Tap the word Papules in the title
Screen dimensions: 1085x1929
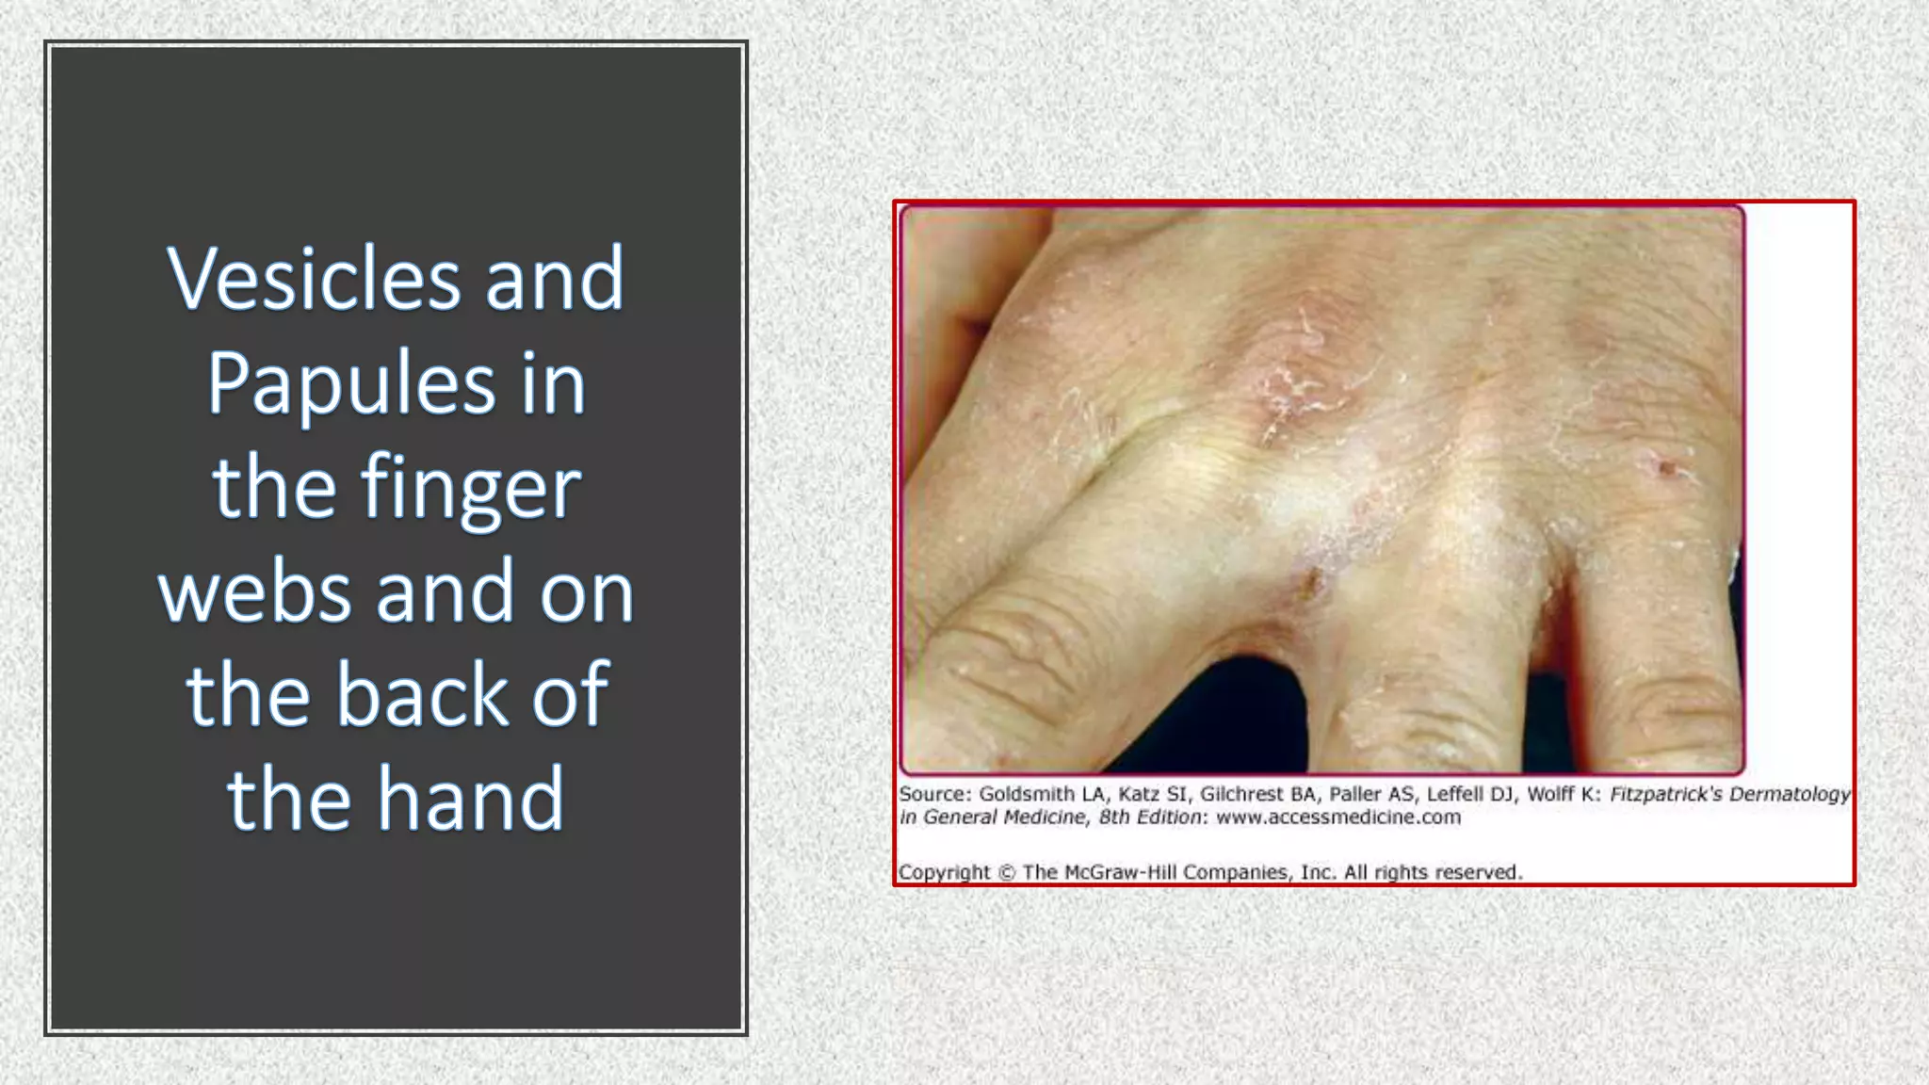point(349,383)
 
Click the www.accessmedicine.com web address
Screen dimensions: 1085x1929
point(1337,818)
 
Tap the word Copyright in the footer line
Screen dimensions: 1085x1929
point(944,872)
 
